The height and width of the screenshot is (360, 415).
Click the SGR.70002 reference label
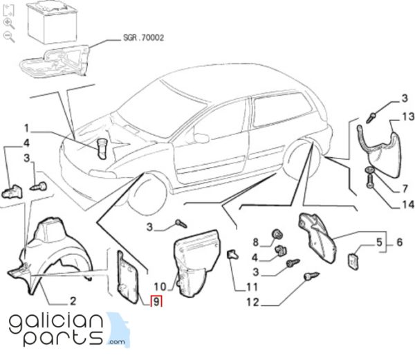144,37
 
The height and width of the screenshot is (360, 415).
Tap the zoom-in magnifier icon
8,24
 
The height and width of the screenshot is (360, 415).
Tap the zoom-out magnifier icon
8,36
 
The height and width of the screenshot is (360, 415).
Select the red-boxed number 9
156,302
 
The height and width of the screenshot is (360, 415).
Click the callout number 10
160,287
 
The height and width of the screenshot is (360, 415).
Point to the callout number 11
252,287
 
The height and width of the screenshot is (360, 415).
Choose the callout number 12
252,302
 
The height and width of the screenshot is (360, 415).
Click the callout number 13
408,116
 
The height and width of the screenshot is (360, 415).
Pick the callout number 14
408,204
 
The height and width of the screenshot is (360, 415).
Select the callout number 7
405,188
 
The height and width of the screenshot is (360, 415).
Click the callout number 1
26,129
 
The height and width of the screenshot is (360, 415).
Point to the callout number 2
73,301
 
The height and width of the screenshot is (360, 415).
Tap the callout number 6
399,242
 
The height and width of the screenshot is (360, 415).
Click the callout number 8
255,242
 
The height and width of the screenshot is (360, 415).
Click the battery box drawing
52,23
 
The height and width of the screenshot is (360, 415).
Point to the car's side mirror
201,138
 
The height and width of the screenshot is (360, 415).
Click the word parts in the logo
63,337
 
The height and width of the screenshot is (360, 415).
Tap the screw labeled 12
312,276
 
